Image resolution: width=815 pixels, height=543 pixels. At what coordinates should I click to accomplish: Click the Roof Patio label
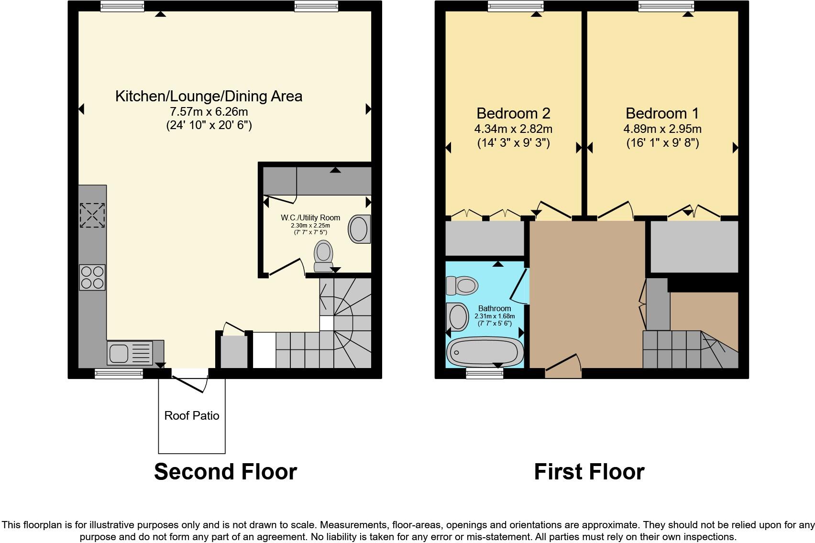pyautogui.click(x=192, y=416)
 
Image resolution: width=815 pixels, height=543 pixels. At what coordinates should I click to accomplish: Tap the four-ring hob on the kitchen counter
pyautogui.click(x=92, y=278)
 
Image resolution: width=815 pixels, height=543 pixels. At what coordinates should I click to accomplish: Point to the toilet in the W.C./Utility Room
pyautogui.click(x=323, y=256)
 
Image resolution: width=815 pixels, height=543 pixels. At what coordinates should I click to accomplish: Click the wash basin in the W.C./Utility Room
pyautogui.click(x=360, y=229)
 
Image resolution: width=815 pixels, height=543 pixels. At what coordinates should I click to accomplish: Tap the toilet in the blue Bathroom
pyautogui.click(x=462, y=285)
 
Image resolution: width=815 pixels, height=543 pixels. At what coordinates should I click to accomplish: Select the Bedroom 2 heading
pyautogui.click(x=513, y=113)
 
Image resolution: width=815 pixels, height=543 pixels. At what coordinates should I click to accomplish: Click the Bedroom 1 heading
pyautogui.click(x=662, y=113)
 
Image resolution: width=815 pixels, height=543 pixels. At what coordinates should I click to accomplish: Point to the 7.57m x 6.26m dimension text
pyautogui.click(x=209, y=111)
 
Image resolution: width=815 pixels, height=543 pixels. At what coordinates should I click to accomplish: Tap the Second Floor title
pyautogui.click(x=226, y=472)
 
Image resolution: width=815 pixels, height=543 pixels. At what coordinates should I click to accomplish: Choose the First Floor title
pyautogui.click(x=589, y=472)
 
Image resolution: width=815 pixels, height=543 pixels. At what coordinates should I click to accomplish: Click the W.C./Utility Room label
pyautogui.click(x=310, y=217)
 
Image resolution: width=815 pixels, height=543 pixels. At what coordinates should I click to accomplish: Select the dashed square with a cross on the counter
pyautogui.click(x=92, y=215)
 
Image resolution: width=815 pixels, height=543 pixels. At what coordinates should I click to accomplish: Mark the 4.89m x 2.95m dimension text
pyautogui.click(x=662, y=129)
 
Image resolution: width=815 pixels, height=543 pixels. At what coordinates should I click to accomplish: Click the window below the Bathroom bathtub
pyautogui.click(x=485, y=373)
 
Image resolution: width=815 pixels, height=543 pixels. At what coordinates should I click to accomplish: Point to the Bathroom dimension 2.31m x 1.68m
pyautogui.click(x=495, y=316)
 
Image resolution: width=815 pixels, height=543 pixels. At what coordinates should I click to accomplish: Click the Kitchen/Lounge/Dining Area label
pyautogui.click(x=209, y=96)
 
